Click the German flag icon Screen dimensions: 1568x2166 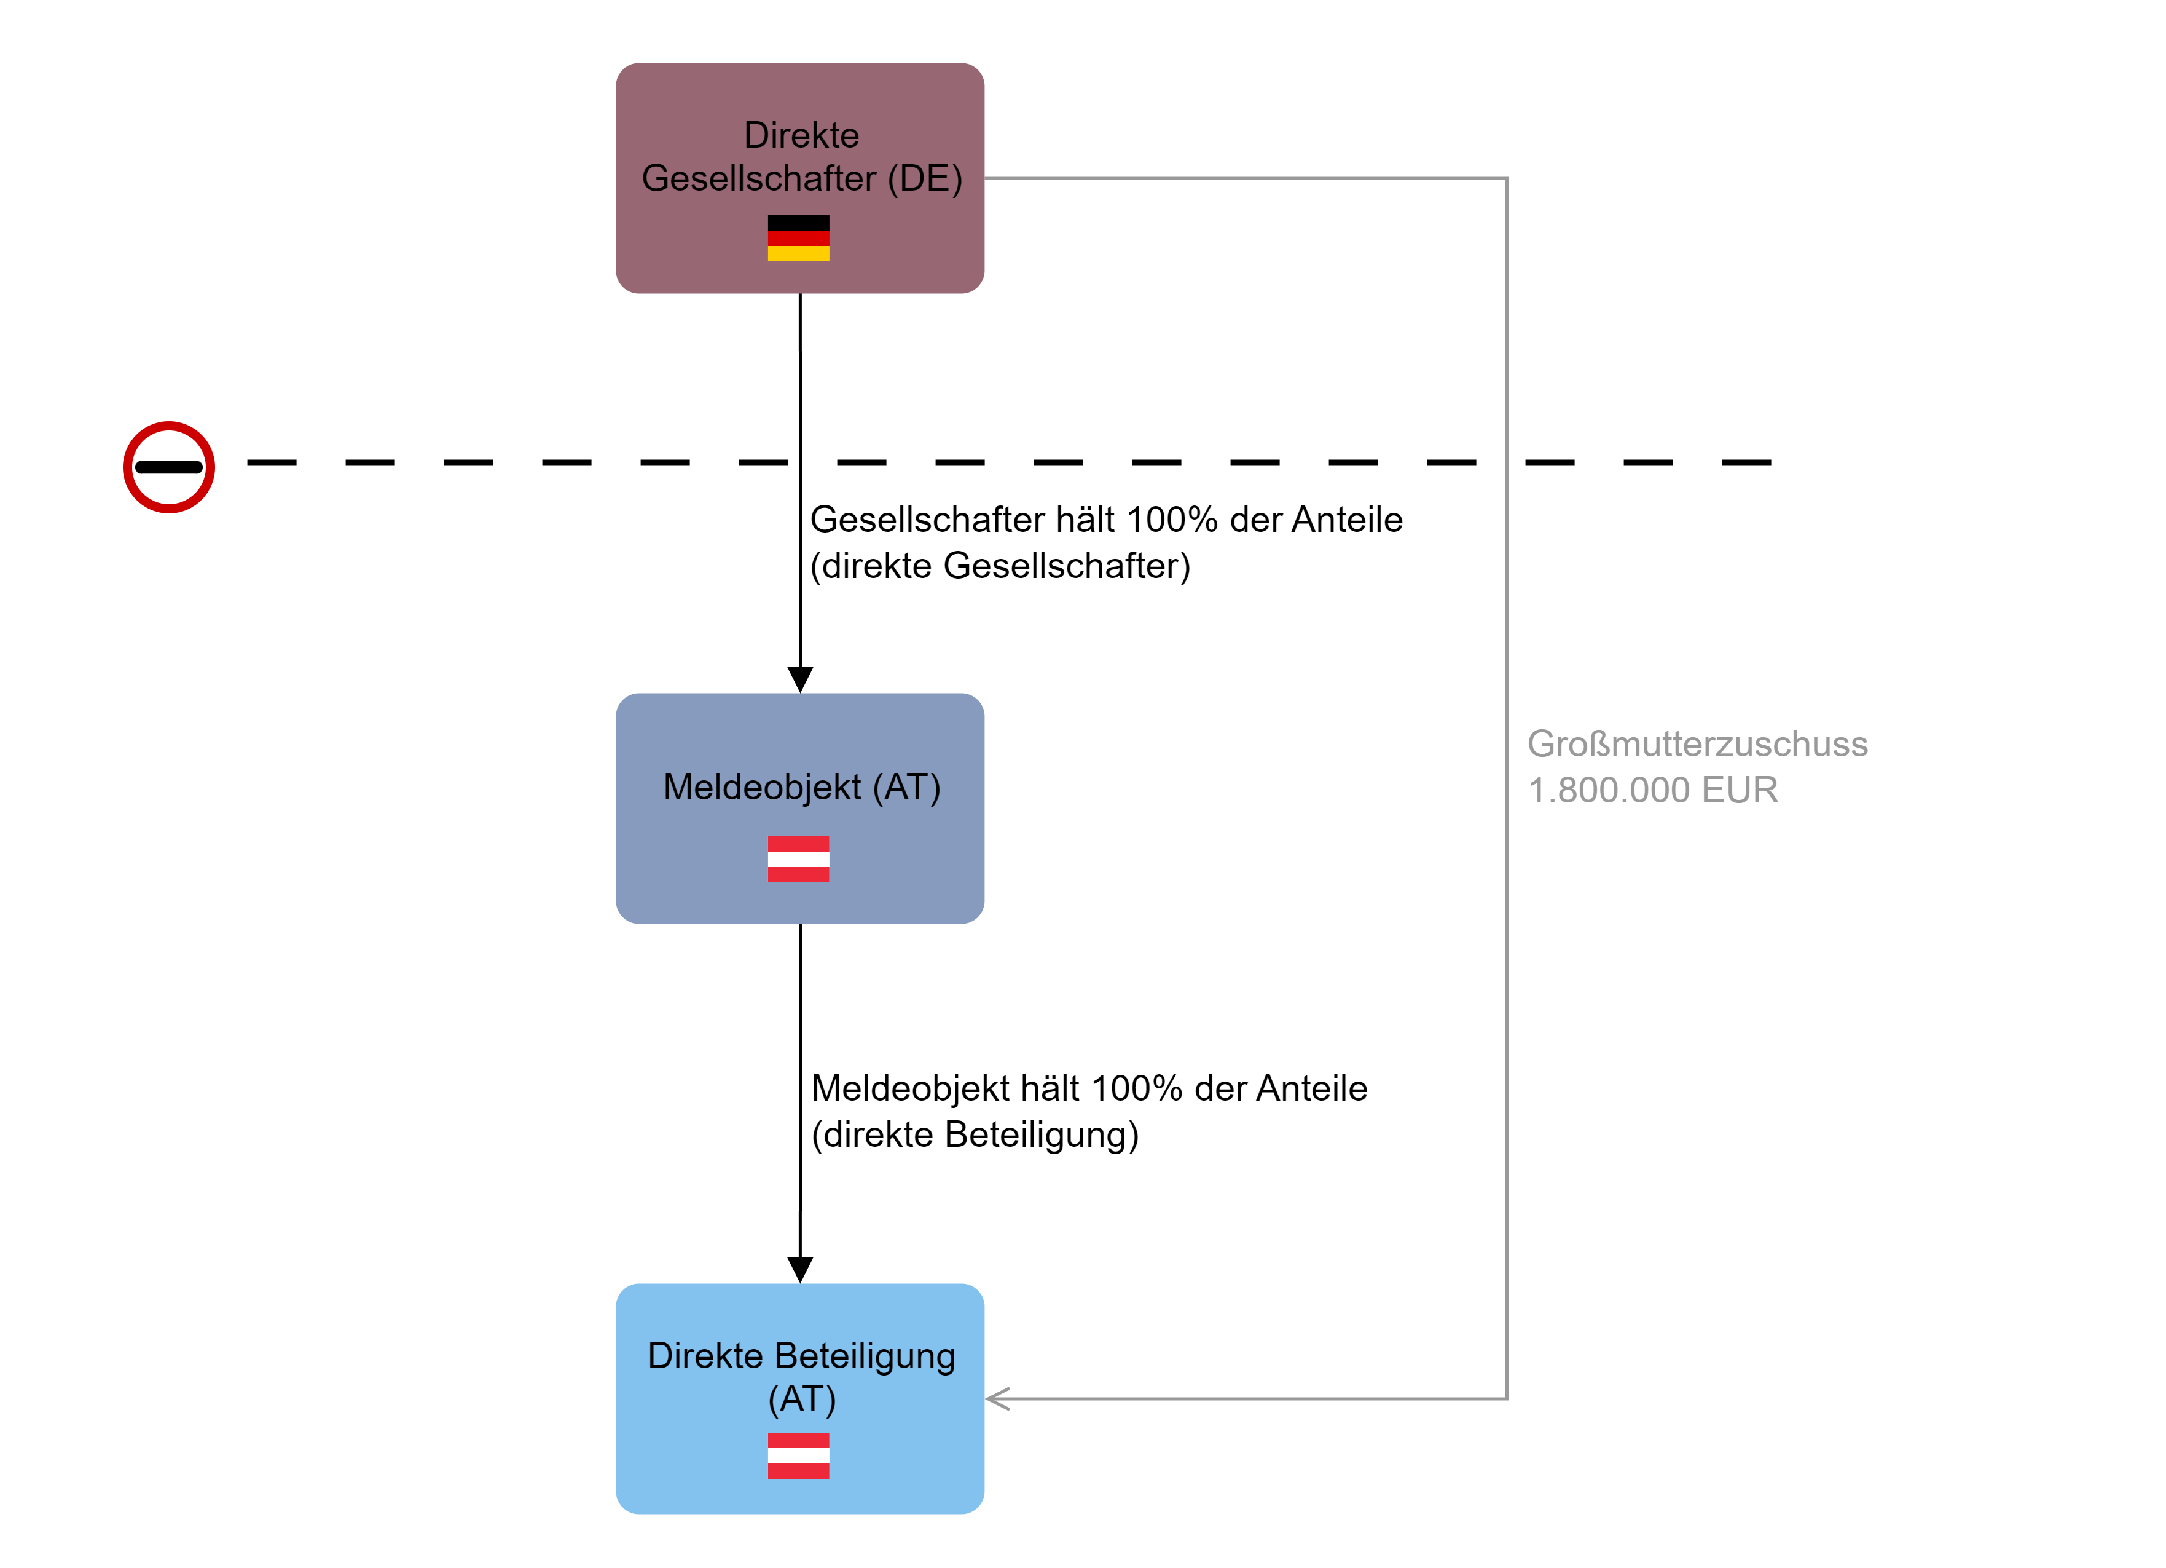798,238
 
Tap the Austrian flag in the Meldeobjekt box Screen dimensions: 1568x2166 798,859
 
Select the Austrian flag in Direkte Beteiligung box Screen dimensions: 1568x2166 798,1455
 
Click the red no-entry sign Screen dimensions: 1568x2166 169,467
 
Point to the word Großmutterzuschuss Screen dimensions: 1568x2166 1697,745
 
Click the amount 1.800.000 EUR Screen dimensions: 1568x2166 1652,790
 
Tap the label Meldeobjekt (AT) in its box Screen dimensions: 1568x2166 801,787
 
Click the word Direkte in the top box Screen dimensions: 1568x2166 801,135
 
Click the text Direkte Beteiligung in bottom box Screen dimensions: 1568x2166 801,1356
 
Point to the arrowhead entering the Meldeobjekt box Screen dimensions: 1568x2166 800,679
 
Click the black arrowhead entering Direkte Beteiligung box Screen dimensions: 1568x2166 800,1270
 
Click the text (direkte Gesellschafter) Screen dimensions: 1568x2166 1000,566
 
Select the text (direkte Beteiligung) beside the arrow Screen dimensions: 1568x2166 974,1134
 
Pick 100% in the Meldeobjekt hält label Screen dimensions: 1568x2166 1137,1088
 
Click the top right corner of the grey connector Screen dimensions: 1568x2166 1506,179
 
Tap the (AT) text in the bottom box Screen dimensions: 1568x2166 801,1400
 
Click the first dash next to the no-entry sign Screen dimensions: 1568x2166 271,462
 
